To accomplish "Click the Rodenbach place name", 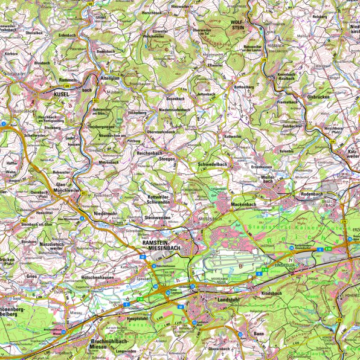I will point(312,194).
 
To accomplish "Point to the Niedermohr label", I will point(106,213).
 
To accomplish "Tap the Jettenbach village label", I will point(205,95).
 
